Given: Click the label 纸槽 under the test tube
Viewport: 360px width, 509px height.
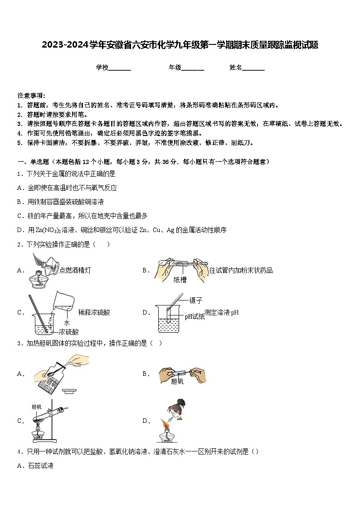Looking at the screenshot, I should (180, 280).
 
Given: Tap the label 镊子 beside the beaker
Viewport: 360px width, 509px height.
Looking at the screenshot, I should (196, 300).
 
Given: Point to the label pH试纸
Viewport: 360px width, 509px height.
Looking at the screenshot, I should (194, 317).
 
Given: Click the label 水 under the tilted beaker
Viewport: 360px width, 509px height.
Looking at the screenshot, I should (66, 323).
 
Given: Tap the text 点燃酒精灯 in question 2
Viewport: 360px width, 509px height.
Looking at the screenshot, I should (75, 270).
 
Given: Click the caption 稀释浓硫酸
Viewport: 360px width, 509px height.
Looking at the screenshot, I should (94, 312).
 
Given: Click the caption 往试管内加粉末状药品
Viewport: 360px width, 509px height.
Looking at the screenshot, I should (241, 270).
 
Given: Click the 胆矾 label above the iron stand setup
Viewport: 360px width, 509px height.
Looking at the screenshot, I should (36, 407).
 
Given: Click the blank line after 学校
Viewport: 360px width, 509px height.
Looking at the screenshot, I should (120, 68).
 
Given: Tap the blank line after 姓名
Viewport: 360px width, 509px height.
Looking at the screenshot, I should (253, 68).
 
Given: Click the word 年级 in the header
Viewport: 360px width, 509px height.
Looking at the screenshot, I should (175, 68).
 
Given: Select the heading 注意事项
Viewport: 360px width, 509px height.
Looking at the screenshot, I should (31, 96).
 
